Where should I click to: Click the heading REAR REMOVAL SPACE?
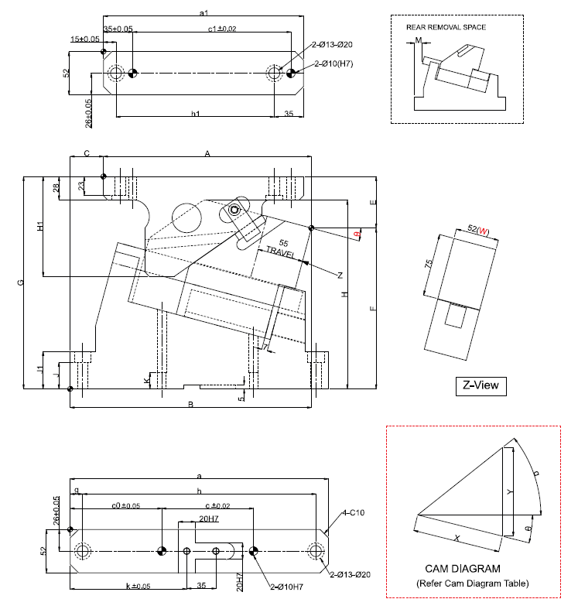446,27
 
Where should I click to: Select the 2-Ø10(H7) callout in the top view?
333,63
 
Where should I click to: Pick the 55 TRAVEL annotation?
281,248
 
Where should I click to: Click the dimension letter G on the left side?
22,283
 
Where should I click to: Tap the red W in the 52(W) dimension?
483,231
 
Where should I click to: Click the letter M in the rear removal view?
418,39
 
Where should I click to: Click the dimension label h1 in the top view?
196,114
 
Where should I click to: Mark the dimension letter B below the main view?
190,404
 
